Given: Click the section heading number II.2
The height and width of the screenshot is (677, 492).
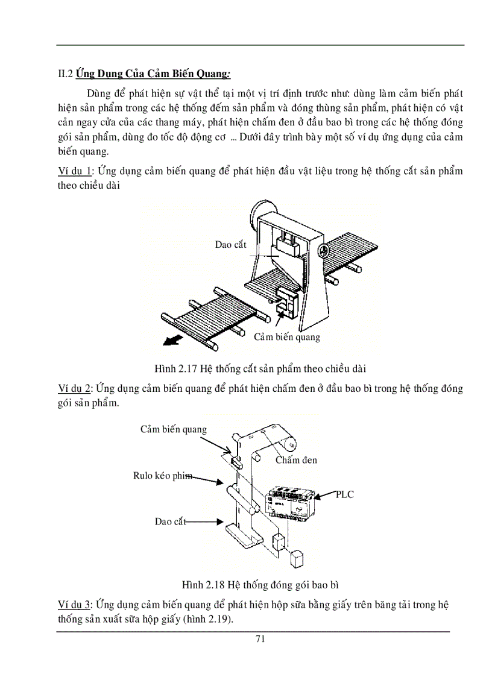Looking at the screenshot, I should coord(65,75).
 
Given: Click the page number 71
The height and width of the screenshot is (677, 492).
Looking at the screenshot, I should coord(260,639).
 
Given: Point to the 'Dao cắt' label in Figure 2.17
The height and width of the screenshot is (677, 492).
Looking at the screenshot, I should coord(230,244).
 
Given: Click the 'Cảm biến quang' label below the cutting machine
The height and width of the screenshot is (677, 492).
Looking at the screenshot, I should coord(286,337).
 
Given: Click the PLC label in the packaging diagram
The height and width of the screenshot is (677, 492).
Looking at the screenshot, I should coord(345,495).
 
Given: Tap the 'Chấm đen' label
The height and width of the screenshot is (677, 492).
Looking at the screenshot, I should coord(296,460).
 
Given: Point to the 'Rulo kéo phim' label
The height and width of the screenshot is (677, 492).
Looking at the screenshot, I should coord(163,476).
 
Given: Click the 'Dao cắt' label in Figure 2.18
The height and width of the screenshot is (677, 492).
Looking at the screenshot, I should coord(170,521).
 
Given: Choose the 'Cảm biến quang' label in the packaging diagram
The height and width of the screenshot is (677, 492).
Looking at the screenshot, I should coord(174,429).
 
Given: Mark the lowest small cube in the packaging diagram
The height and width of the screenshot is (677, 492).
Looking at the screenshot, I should coord(297,559).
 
